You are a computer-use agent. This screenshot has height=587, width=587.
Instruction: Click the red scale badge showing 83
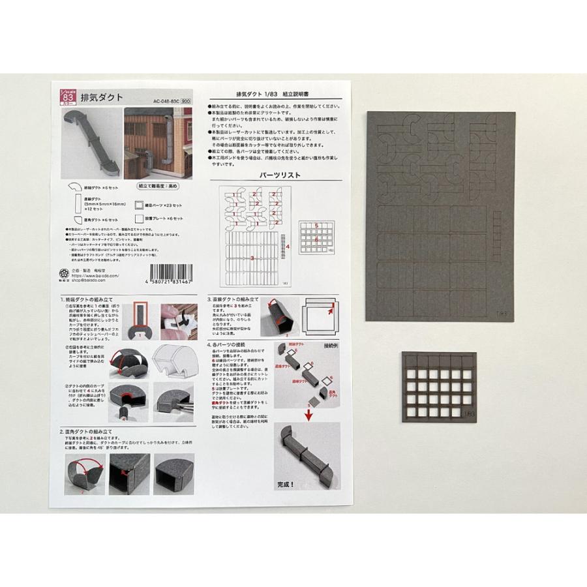pos(67,96)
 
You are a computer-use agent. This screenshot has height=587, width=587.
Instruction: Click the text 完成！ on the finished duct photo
pos(287,484)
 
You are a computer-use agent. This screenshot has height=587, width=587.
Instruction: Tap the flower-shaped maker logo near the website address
pos(63,273)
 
